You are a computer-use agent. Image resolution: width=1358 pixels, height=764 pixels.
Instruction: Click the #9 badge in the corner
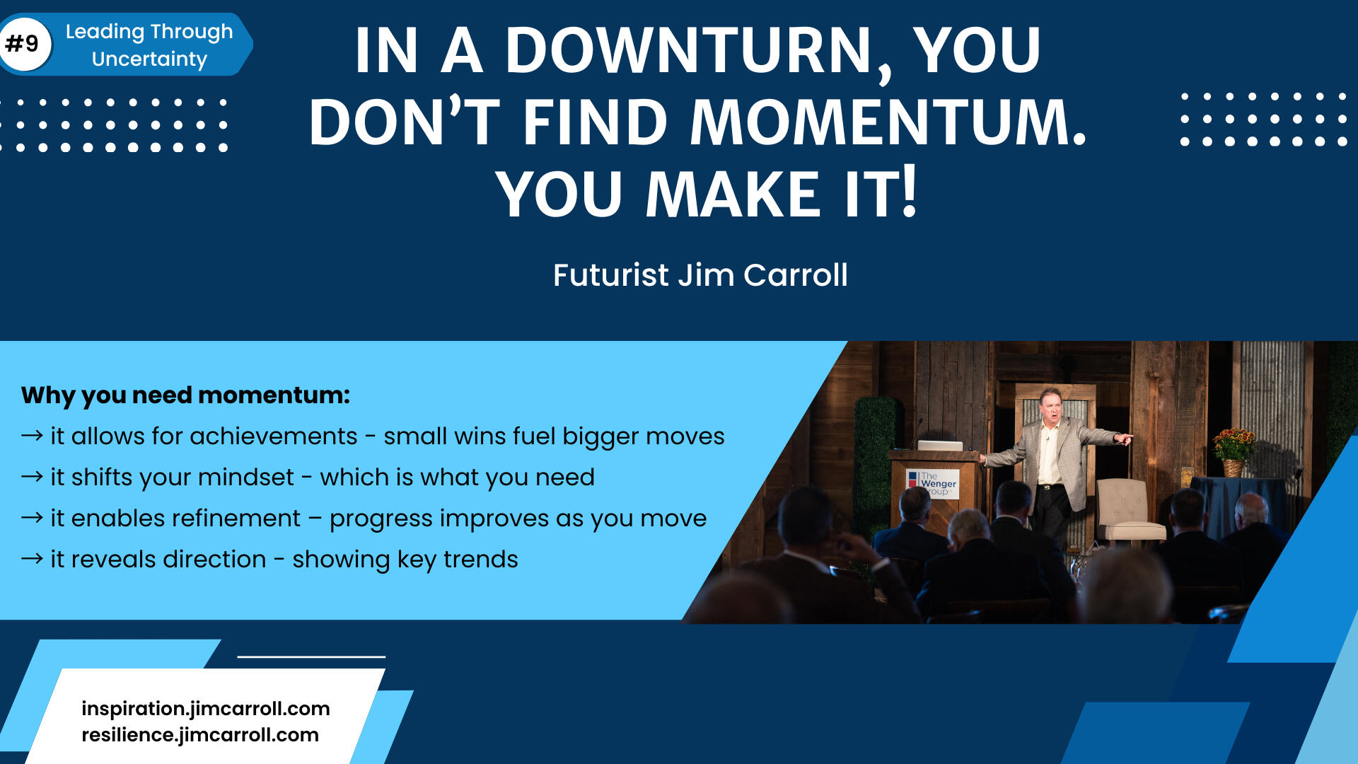coord(24,45)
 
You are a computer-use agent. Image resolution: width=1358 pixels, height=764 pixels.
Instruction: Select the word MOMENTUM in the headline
coord(888,122)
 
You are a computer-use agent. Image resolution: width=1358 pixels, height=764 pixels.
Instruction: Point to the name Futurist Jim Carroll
coord(700,274)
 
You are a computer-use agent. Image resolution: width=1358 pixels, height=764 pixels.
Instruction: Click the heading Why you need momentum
coord(185,395)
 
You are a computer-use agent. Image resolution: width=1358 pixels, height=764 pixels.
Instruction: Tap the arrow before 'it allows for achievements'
coord(32,435)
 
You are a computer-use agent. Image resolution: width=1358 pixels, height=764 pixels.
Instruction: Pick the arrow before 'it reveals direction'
coord(32,559)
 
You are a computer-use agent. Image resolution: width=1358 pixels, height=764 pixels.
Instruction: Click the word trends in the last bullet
coord(481,559)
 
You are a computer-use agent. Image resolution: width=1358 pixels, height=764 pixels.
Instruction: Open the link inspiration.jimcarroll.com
coord(206,708)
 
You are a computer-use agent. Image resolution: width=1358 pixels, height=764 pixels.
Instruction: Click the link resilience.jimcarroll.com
coord(200,735)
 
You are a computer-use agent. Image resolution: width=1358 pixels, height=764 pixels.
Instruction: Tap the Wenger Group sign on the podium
coord(933,484)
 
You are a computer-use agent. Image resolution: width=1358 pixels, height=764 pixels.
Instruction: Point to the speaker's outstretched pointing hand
coord(1122,439)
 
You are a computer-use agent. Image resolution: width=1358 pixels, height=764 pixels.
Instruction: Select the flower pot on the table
coord(1233,467)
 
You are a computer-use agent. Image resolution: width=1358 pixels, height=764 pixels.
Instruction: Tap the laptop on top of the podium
coord(939,445)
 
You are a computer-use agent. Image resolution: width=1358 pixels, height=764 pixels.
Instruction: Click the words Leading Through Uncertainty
coord(149,45)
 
